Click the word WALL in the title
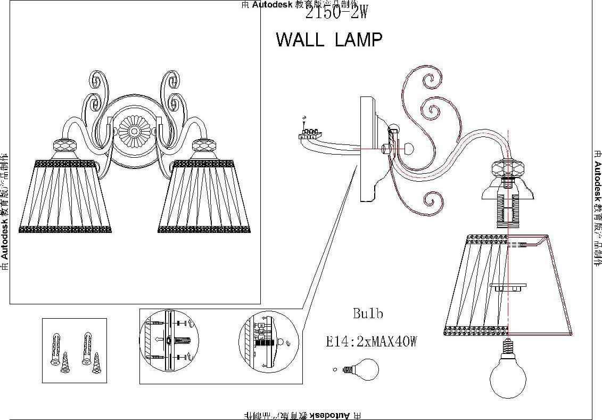pos(300,40)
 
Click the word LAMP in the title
pos(359,40)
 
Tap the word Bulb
pos(368,313)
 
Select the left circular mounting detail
pos(169,341)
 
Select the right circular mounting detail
pos(267,341)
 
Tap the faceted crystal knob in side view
pos(507,170)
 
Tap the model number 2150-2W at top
pos(336,13)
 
